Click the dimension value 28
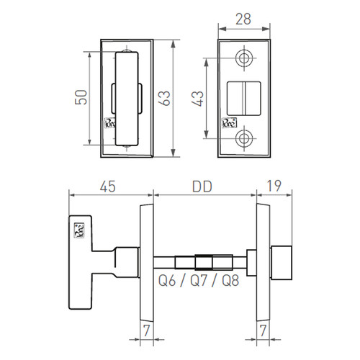243,19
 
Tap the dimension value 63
164,98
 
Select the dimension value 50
81,97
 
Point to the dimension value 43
197,99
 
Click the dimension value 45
108,186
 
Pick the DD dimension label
202,186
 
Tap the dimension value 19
274,186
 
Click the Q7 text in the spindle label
199,281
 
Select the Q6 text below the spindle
167,281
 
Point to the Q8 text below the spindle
230,281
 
